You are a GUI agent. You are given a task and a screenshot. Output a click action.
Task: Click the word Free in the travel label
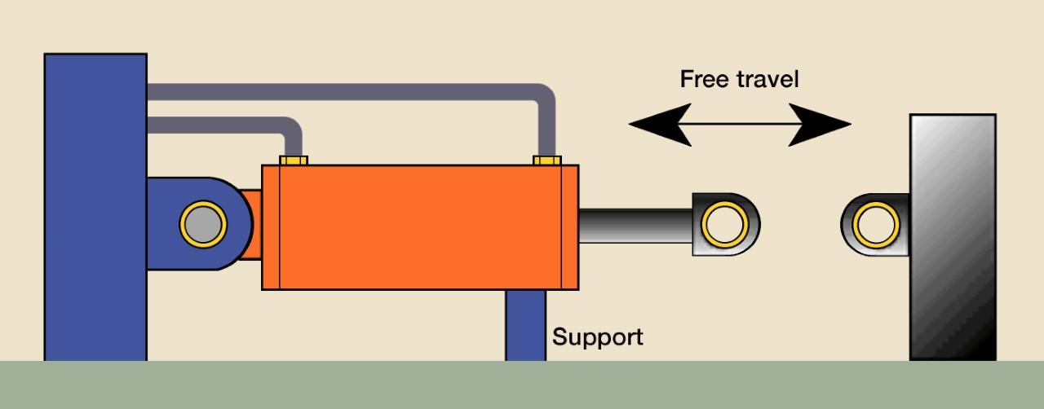pyautogui.click(x=704, y=79)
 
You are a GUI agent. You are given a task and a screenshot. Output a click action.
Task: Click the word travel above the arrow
pyautogui.click(x=768, y=79)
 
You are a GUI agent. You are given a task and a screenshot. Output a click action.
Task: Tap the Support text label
pyautogui.click(x=597, y=337)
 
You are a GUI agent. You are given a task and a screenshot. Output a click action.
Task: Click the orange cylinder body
pyautogui.click(x=420, y=227)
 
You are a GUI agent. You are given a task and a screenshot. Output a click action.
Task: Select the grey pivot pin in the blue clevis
pyautogui.click(x=203, y=224)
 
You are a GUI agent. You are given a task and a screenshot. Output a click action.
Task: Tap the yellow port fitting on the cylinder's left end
pyautogui.click(x=294, y=160)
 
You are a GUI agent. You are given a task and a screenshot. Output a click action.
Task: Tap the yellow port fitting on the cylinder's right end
pyautogui.click(x=547, y=160)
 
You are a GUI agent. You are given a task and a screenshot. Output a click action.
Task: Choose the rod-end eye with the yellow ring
pyautogui.click(x=725, y=224)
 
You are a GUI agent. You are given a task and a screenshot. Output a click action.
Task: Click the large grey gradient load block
pyautogui.click(x=953, y=236)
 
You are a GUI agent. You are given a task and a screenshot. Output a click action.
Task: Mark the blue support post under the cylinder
pyautogui.click(x=525, y=325)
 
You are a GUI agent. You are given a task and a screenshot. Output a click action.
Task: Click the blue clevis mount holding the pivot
pyautogui.click(x=163, y=224)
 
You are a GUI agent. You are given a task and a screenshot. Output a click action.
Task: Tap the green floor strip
pyautogui.click(x=522, y=385)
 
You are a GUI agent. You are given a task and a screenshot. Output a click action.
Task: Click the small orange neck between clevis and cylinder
pyautogui.click(x=252, y=224)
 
